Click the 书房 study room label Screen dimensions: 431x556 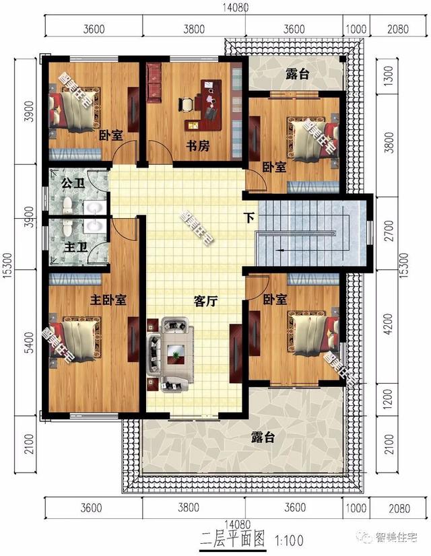tap(197, 146)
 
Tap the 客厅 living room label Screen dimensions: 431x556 tap(205, 302)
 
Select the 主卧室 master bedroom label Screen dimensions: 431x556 tap(108, 300)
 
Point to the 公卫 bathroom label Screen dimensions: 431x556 tap(72, 183)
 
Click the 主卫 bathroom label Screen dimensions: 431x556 tap(75, 247)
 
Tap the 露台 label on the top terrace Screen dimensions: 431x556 tap(297, 74)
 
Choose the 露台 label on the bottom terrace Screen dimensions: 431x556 tap(263, 437)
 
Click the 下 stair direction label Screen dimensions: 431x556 tap(250, 217)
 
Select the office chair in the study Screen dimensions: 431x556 tap(186, 104)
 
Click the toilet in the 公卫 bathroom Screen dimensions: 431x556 tap(67, 205)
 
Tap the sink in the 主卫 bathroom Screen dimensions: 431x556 tap(95, 225)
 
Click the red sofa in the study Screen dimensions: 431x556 tap(154, 83)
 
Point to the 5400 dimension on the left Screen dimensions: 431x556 tap(30, 343)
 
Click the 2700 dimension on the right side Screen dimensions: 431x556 tap(389, 230)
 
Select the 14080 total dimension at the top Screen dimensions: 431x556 tap(236, 7)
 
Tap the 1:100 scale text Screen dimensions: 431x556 tap(289, 540)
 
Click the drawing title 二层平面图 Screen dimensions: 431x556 tap(233, 538)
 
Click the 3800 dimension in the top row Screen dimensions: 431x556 tap(194, 29)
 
